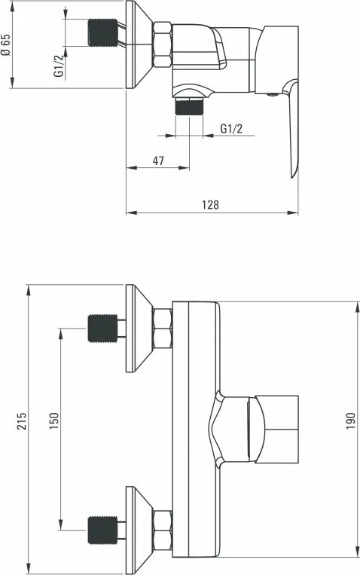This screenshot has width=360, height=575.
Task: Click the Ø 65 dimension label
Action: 7,47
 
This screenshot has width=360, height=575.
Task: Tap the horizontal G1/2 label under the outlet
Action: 231,128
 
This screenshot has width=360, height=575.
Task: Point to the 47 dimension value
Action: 159,161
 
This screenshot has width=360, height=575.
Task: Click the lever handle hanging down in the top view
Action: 290,136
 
